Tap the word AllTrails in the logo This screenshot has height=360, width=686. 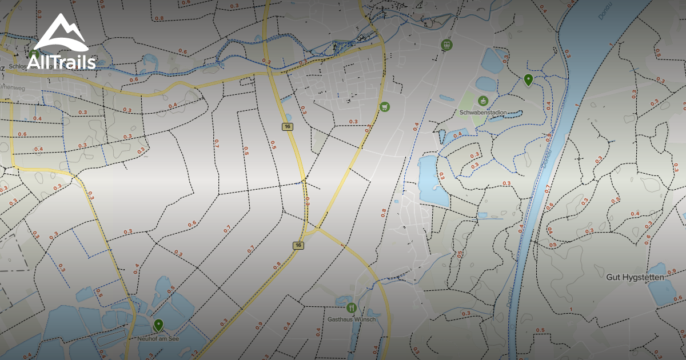point(61,62)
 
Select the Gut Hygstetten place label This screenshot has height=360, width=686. point(635,277)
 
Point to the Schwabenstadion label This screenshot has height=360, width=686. point(483,113)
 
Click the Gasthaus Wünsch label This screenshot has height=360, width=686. point(352,319)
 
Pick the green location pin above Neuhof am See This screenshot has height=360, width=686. point(158,325)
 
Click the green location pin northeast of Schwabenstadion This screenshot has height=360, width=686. point(528,79)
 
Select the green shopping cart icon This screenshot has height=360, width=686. point(385,106)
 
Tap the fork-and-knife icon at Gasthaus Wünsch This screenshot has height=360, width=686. point(352,307)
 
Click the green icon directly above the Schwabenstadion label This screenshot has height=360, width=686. point(484,101)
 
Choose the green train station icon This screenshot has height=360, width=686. point(446,44)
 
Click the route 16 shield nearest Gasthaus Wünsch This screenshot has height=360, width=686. point(298,245)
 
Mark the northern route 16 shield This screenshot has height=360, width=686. point(287,126)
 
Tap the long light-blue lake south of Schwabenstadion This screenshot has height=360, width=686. point(430,181)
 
